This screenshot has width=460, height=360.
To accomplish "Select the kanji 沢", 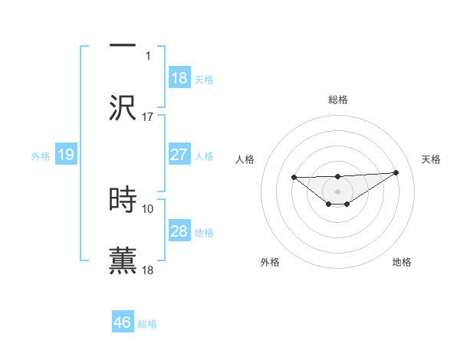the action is coord(123,108).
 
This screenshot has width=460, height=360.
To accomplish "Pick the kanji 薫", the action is coord(123,260).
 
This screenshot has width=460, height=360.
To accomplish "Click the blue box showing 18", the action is coord(179,78).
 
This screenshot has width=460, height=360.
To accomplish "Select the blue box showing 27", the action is coord(179,155).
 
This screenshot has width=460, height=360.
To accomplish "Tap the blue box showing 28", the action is coord(179,231).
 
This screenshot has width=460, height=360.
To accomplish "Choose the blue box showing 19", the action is coord(66,155).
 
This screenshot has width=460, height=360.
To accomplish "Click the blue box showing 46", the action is coord(123,322).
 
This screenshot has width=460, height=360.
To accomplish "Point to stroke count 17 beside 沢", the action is coord(148,117).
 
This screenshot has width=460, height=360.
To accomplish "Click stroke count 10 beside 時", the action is coord(148,208).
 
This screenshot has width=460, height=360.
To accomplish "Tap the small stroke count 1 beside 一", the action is coord(148,56).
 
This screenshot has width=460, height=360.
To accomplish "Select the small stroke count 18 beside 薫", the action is coord(148,270).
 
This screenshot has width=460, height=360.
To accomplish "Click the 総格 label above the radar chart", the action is coord(338,100).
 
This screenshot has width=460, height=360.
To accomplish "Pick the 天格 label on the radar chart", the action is coord(431,159).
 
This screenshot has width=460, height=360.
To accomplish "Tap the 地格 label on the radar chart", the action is coord(402,262).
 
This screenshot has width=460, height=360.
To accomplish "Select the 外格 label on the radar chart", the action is coord(270,262).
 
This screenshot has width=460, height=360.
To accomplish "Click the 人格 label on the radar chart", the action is coord(245,159).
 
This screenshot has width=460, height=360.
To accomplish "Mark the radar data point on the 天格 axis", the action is coord(396,172).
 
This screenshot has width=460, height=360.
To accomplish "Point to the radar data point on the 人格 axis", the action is coord(294,178).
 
